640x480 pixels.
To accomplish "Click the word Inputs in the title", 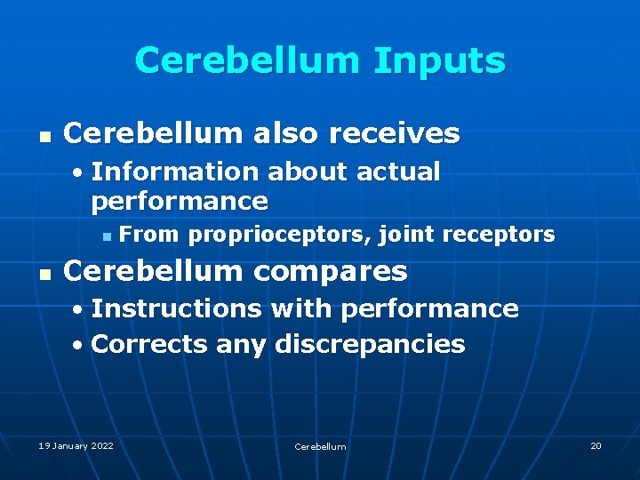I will click(439, 61).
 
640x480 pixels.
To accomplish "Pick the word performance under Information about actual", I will click(179, 200).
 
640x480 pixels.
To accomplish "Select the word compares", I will click(325, 271).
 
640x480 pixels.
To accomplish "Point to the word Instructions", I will click(176, 308).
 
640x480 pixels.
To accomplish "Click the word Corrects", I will click(149, 344).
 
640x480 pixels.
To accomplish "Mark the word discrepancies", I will click(370, 344).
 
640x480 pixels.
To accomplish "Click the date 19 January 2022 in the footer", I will click(76, 445).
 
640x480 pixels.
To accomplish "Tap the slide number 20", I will click(596, 445).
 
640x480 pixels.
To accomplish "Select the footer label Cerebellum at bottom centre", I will click(320, 446).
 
